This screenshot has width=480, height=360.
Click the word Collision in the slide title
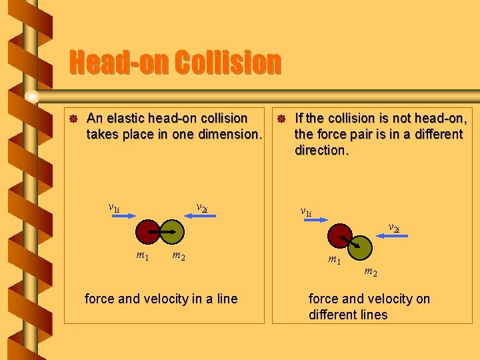tap(227, 63)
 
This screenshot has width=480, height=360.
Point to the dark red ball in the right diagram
tap(341, 235)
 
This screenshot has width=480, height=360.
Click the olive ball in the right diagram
tap(361, 247)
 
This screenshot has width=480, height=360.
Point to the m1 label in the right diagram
tap(334, 259)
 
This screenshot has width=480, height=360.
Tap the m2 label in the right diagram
tap(370, 271)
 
